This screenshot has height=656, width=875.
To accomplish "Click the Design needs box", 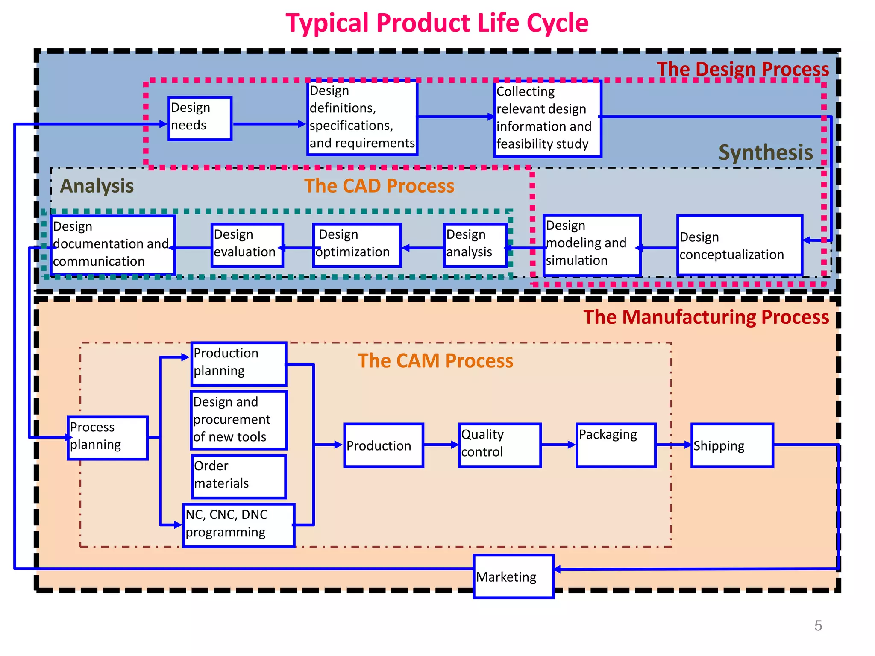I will click(200, 118).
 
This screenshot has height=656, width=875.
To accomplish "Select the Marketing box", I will click(513, 576).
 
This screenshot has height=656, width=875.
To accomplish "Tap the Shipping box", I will click(732, 445).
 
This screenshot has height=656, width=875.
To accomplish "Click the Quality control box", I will click(499, 445).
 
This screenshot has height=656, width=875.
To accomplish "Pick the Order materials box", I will click(238, 476).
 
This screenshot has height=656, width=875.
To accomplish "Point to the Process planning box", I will click(108, 438).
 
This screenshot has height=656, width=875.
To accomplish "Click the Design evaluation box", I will click(247, 245).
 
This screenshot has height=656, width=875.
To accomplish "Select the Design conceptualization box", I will click(740, 245).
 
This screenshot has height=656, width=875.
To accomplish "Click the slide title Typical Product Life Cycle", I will click(437, 23).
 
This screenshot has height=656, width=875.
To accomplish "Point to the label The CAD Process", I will click(379, 186).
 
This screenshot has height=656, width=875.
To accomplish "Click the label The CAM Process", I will click(435, 361).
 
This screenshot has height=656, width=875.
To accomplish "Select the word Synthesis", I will click(765, 153).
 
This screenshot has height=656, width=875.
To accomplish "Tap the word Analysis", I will click(97, 186).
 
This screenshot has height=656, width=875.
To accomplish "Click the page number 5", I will click(818, 626).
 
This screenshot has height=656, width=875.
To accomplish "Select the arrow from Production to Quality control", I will click(440, 445).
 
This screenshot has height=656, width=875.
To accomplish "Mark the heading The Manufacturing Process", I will click(706, 317).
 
